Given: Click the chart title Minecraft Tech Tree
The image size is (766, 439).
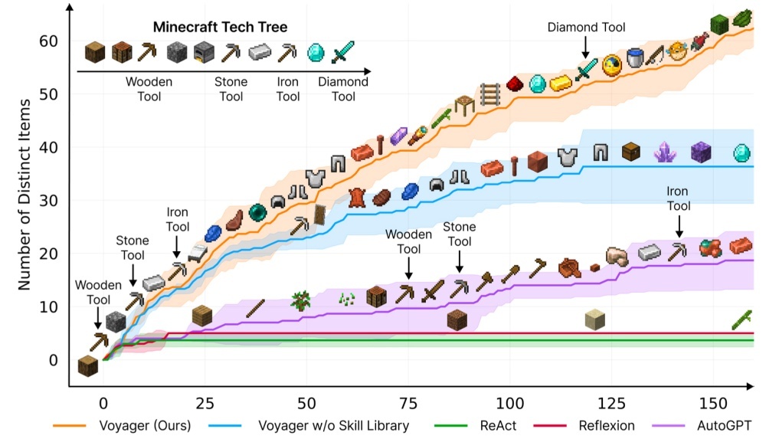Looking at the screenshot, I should click(220, 27).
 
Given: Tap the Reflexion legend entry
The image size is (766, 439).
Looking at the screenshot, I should click(613, 424).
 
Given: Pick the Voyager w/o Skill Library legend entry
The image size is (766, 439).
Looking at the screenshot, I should click(332, 424).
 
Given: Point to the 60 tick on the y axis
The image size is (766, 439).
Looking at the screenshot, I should click(48, 41).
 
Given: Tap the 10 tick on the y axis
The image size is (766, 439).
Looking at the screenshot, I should click(48, 307).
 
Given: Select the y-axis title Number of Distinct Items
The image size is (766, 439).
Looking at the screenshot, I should click(25, 194).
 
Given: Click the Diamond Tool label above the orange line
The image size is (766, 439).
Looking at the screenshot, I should click(586, 28).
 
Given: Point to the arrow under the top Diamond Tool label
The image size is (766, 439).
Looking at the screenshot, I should click(586, 48).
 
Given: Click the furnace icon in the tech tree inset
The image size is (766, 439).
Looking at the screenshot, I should click(204, 52).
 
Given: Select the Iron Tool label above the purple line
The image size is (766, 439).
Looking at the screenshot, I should click(678, 198).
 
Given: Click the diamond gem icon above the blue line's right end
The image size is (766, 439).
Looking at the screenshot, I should click(741, 151).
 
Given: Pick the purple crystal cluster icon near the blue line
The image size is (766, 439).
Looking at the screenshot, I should click(663, 152).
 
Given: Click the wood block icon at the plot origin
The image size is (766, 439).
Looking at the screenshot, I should click(88, 365).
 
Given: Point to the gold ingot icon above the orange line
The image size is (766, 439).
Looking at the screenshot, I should click(561, 82).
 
